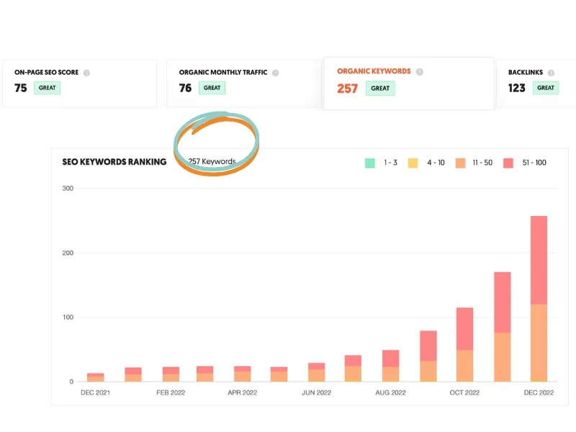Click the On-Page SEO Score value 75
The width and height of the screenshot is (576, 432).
pos(21,88)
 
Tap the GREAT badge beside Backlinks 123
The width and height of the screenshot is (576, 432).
pos(546,88)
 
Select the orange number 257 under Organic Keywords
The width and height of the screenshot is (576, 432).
pos(347,89)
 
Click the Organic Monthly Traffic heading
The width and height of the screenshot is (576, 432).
pos(223,73)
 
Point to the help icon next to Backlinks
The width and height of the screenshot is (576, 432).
pos(551,73)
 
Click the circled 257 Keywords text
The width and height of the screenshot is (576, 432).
pos(212,161)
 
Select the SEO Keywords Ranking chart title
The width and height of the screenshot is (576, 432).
pos(114,161)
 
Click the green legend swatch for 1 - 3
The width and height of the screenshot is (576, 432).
pos(370,163)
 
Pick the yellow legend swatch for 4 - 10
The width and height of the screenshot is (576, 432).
pos(413,163)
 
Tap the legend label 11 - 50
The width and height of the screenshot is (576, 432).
pos(482,163)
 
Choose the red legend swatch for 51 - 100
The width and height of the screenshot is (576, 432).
pos(508,163)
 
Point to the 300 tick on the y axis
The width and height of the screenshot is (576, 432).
pos(68,189)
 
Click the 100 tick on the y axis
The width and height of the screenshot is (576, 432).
pos(68,318)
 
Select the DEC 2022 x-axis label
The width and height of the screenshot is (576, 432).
pos(539,392)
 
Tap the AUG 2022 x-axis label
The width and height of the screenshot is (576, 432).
pos(390,392)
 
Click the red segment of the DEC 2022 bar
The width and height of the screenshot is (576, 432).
pos(539,260)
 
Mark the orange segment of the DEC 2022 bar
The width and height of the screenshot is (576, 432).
pos(539,342)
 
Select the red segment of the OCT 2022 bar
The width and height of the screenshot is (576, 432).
pos(464,329)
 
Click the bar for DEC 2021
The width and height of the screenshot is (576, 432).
pos(96,377)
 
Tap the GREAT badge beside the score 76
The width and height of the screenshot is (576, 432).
pos(212,88)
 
